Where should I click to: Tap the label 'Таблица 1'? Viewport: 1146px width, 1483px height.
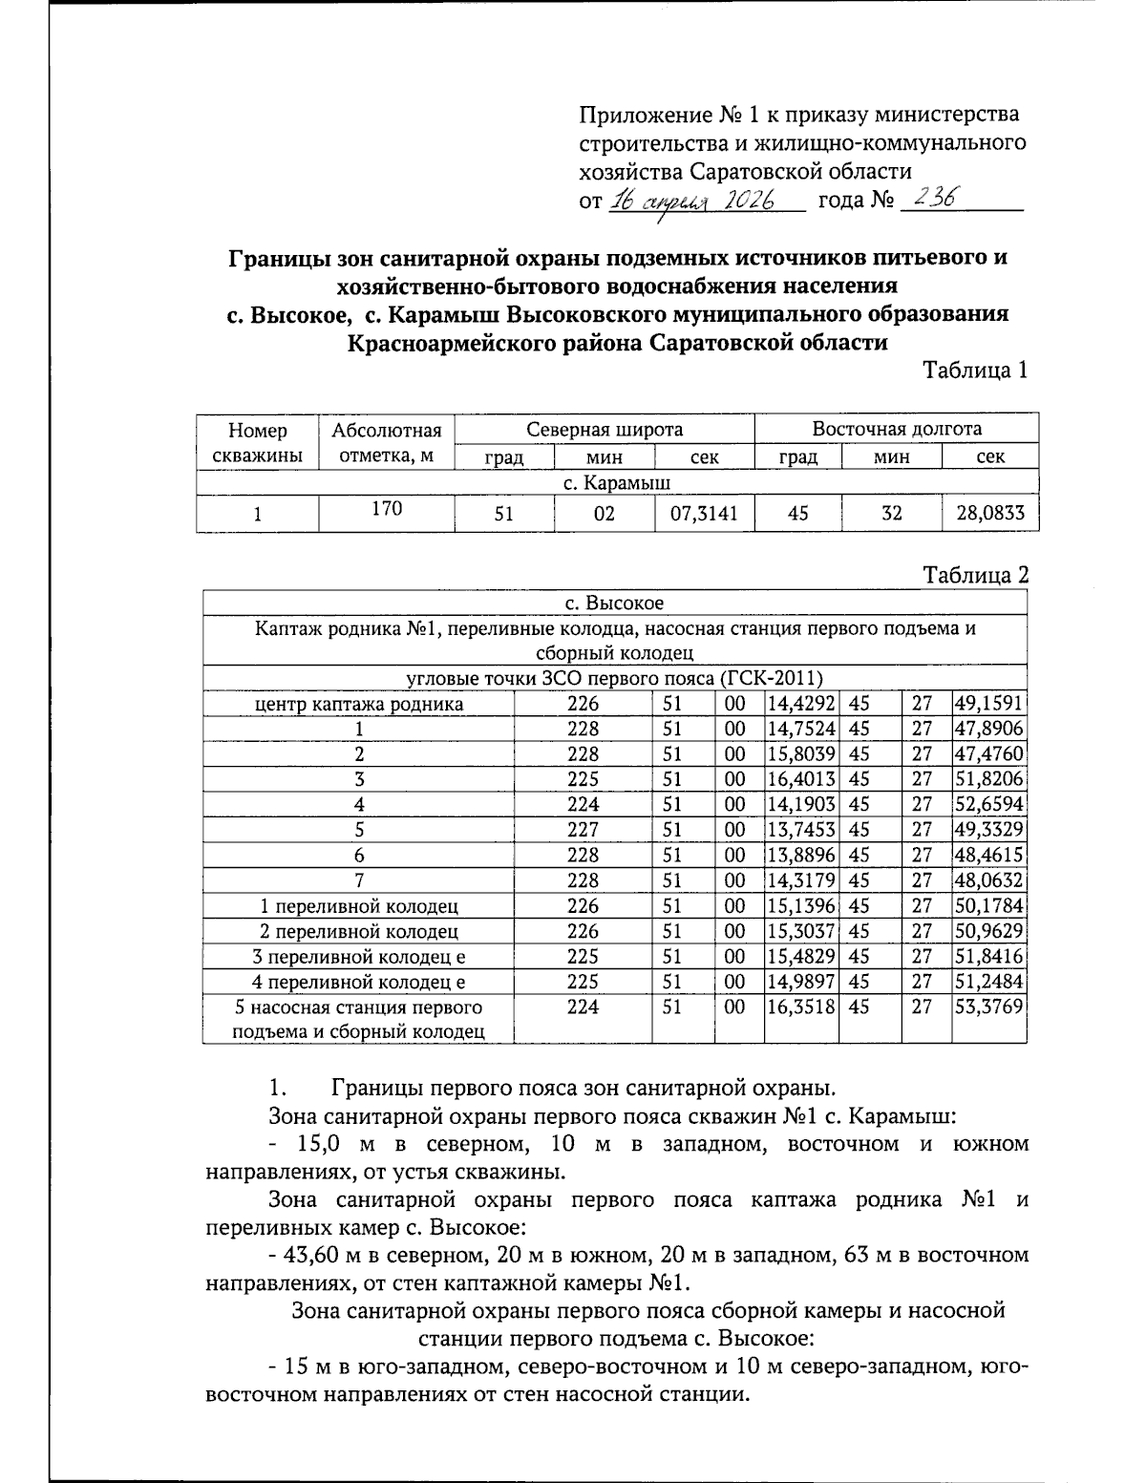click(975, 371)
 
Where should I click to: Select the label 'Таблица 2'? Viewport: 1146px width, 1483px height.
click(975, 575)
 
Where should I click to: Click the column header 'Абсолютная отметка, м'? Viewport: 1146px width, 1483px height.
click(386, 442)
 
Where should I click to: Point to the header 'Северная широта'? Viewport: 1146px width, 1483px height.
click(605, 429)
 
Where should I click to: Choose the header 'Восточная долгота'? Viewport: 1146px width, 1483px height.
click(896, 429)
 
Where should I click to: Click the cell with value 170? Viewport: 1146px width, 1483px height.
click(386, 509)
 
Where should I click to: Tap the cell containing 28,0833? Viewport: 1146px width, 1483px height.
click(989, 514)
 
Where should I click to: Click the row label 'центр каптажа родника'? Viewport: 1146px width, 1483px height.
click(358, 704)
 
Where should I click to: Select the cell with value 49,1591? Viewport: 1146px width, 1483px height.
click(988, 704)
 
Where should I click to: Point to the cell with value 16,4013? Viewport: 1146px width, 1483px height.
click(801, 779)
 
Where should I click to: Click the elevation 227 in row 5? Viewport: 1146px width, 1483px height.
click(583, 830)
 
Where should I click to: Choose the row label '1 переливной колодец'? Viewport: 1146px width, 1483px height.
click(358, 905)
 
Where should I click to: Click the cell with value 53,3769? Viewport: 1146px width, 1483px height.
click(988, 1006)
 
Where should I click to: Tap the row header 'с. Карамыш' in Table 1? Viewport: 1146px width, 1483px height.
click(616, 483)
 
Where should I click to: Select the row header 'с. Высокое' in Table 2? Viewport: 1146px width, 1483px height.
click(614, 604)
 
